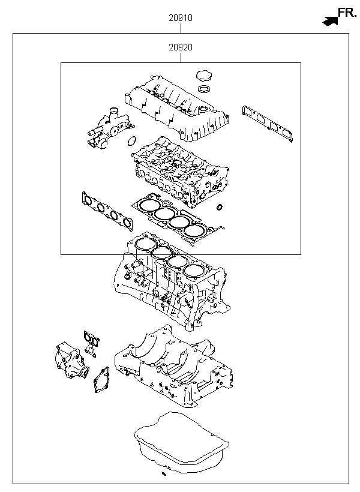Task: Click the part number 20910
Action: click(x=180, y=18)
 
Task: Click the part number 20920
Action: click(x=180, y=47)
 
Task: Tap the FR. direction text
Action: click(x=346, y=12)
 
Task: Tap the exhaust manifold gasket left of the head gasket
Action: click(x=107, y=211)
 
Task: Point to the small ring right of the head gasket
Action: click(x=220, y=208)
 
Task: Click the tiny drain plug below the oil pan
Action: click(x=163, y=475)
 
